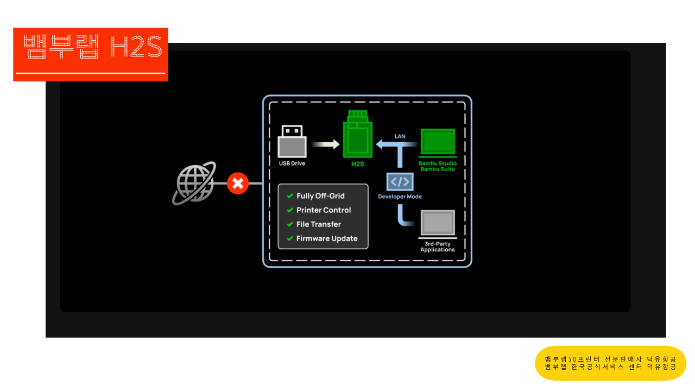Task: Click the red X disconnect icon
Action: pos(237,183)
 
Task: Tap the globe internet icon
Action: pos(194,183)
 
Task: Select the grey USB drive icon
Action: pos(292,142)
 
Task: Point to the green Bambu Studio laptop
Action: pos(438,143)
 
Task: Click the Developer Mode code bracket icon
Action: pos(400,182)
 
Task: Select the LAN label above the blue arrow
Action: pos(400,136)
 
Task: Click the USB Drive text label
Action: pos(292,163)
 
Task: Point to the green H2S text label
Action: pos(357,163)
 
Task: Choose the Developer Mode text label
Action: pos(400,197)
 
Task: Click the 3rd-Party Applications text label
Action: pos(438,247)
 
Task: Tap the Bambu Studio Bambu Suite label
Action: pos(438,166)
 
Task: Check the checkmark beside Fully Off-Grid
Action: pos(290,196)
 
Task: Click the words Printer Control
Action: pos(324,210)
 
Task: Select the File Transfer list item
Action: pos(319,224)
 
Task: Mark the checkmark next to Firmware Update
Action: pos(290,238)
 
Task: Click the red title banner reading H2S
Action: pos(91,54)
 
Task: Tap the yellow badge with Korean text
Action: pos(610,363)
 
